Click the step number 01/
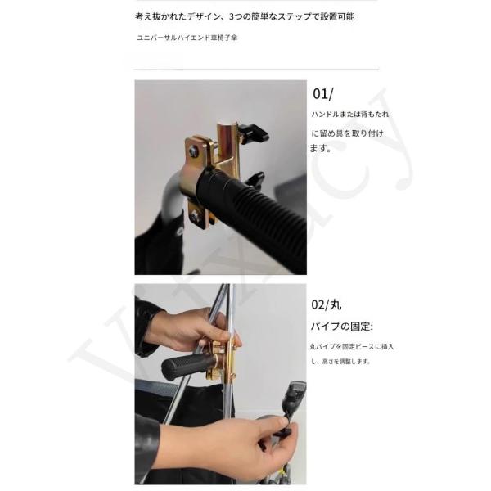323,94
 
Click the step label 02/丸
327,304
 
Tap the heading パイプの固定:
341,327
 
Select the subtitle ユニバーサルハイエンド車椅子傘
187,38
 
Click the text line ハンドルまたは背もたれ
350,114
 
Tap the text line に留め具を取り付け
347,133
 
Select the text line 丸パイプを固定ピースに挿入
352,347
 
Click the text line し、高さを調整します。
340,362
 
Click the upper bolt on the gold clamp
193,152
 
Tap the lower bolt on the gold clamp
196,215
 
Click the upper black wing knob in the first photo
255,133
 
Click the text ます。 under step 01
321,148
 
